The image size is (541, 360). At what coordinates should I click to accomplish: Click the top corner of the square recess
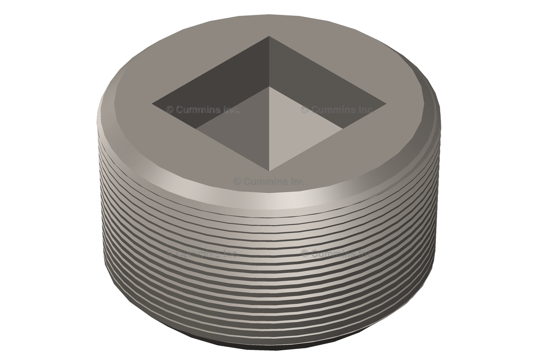[269, 37]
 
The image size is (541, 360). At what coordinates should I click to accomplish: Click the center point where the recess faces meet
[270, 87]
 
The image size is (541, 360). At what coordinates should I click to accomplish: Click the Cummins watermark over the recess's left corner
[203, 110]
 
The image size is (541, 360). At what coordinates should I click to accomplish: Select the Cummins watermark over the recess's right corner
[338, 110]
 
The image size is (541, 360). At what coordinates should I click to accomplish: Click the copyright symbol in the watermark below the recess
[237, 182]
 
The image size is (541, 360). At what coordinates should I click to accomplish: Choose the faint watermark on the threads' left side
[203, 254]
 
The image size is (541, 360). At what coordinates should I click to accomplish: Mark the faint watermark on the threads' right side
[338, 254]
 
